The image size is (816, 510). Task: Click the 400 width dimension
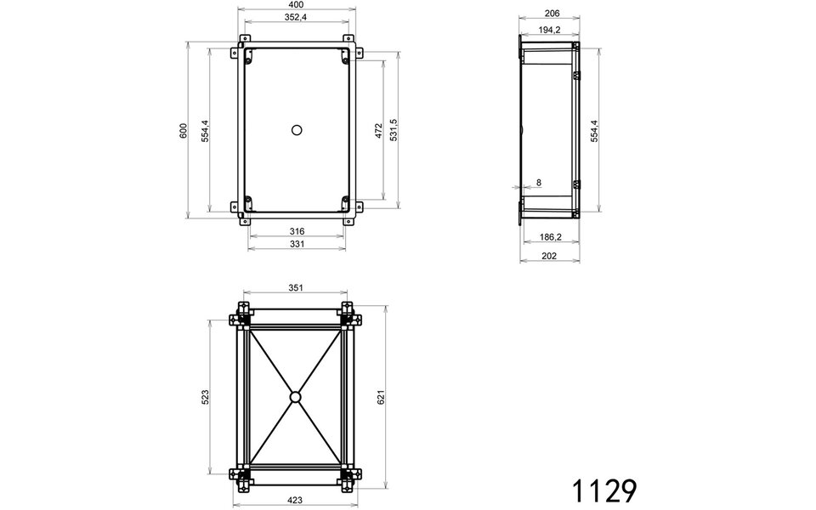pyautogui.click(x=297, y=6)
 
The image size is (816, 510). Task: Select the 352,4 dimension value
pyautogui.click(x=297, y=17)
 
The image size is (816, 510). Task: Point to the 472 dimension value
pyautogui.click(x=378, y=130)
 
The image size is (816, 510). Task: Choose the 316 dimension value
pyautogui.click(x=297, y=231)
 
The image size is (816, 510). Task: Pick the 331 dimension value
pyautogui.click(x=297, y=245)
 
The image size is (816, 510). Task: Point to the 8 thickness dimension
pyautogui.click(x=537, y=183)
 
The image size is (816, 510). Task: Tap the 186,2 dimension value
pyautogui.click(x=550, y=238)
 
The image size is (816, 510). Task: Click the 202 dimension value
pyautogui.click(x=550, y=256)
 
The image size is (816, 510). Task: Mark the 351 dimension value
pyautogui.click(x=296, y=288)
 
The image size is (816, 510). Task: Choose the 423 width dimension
pyautogui.click(x=296, y=501)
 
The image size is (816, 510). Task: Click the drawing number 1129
pyautogui.click(x=603, y=490)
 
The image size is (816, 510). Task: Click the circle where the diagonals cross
pyautogui.click(x=295, y=397)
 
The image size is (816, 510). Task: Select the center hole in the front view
pyautogui.click(x=297, y=129)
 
